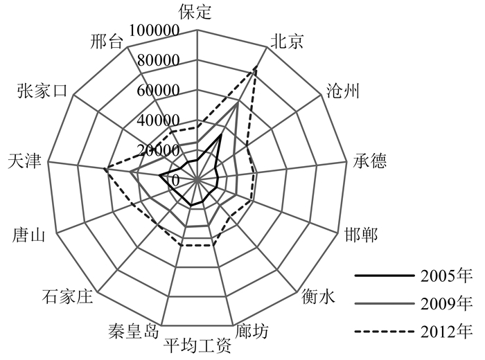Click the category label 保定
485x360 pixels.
point(195,12)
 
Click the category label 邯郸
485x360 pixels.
point(361,235)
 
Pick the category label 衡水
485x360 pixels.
point(319,297)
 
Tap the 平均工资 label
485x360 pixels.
point(197,344)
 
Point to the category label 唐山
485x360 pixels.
point(29,236)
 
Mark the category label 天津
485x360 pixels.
point(24,163)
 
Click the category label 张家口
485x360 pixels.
point(42,91)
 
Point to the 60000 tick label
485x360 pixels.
point(159,91)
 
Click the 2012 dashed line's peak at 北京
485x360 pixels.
point(256,68)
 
